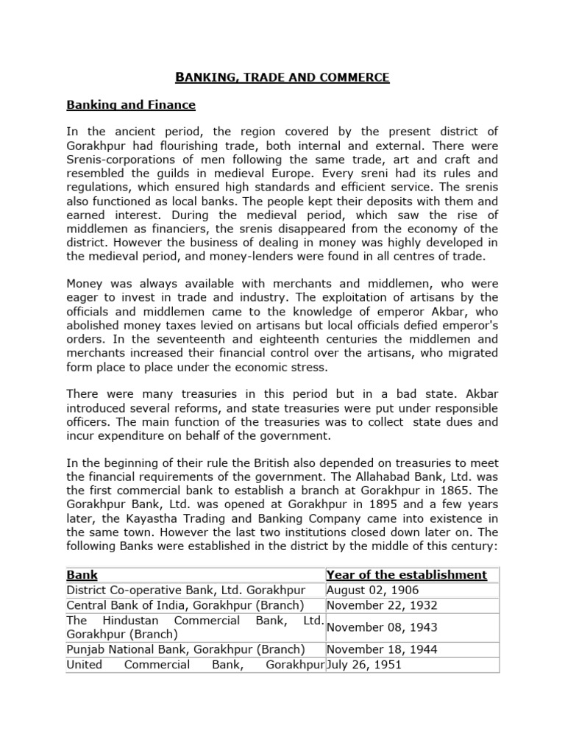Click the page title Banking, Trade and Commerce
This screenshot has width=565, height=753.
tap(282, 76)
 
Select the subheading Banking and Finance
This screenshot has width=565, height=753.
tap(131, 105)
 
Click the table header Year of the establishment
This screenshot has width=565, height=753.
tap(406, 574)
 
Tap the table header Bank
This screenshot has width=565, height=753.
tap(82, 574)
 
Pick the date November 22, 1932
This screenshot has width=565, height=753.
tap(382, 605)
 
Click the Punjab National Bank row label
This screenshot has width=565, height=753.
tap(185, 649)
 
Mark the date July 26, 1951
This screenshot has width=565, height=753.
tap(366, 664)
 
